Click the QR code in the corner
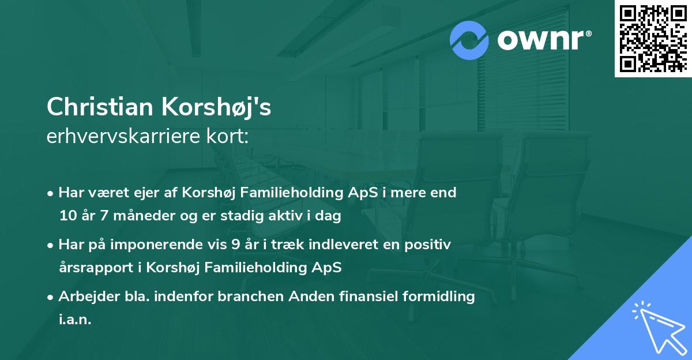pyautogui.click(x=652, y=39)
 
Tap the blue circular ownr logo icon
pyautogui.click(x=469, y=40)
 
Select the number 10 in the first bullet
pyautogui.click(x=67, y=216)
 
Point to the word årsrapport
pyautogui.click(x=92, y=268)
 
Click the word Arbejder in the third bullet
pyautogui.click(x=84, y=297)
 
